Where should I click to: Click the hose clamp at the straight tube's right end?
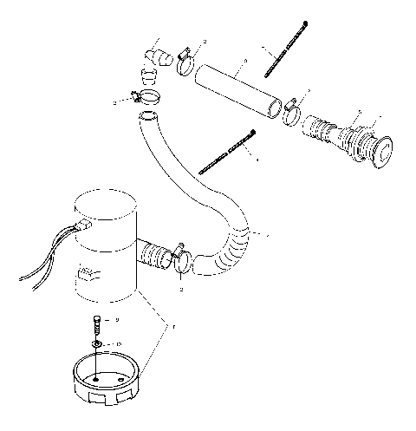[x=291, y=110]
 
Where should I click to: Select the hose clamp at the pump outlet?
[x=181, y=258]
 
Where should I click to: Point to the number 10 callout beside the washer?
[x=120, y=344]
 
